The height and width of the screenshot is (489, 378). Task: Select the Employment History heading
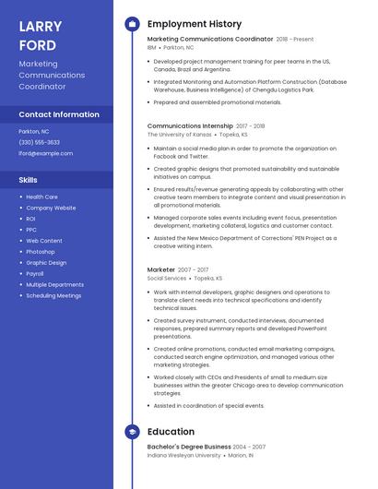(x=194, y=24)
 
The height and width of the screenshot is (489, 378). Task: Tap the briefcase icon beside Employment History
(x=132, y=24)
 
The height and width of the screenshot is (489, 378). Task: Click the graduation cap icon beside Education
(x=132, y=432)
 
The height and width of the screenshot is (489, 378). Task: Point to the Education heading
(x=171, y=432)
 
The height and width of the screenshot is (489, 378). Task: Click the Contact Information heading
(x=59, y=114)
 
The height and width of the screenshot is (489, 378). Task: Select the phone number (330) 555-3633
(x=39, y=142)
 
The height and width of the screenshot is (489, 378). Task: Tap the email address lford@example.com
(x=45, y=153)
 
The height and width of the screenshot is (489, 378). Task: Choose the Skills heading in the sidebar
(x=28, y=180)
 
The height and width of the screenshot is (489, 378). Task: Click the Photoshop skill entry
(x=40, y=251)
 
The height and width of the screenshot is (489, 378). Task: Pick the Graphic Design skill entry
(x=46, y=262)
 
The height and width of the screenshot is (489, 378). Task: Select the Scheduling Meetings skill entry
(x=53, y=295)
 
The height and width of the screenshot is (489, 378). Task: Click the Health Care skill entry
(x=41, y=197)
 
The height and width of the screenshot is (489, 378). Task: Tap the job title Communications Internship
(x=190, y=125)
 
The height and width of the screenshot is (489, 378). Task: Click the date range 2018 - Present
(x=295, y=40)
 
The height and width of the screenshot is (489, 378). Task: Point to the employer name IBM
(x=151, y=47)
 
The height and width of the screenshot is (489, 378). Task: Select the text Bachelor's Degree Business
(x=189, y=447)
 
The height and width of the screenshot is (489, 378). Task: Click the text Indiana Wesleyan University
(x=184, y=455)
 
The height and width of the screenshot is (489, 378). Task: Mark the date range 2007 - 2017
(x=193, y=269)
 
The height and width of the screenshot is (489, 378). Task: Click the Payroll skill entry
(x=35, y=273)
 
